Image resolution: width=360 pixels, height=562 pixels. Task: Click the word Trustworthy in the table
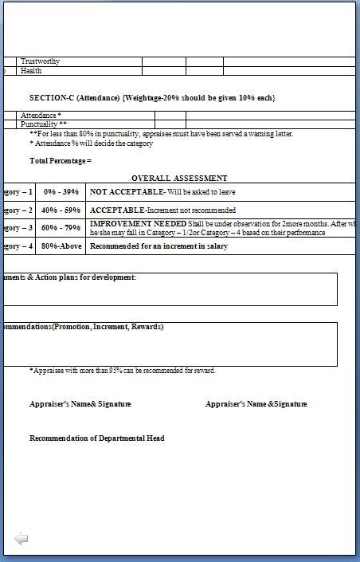[40, 61]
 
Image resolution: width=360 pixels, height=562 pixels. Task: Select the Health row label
[31, 71]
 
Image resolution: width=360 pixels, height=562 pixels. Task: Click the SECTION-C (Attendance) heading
[152, 97]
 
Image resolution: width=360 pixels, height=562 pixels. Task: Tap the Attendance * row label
[41, 116]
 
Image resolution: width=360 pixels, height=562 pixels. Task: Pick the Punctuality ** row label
[44, 124]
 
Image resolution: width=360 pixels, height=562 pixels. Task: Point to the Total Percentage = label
[61, 161]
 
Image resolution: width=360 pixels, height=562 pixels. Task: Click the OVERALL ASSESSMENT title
[179, 179]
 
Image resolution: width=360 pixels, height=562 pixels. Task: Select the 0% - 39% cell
[61, 192]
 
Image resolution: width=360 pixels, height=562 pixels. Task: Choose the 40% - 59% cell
[61, 210]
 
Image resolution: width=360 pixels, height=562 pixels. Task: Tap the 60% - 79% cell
[61, 228]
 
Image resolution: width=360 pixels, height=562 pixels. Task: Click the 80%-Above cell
[61, 246]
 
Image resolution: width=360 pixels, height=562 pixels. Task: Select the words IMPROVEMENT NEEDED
[138, 224]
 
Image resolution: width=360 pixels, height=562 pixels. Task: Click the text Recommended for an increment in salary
[158, 246]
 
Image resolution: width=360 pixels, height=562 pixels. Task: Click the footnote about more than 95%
[123, 371]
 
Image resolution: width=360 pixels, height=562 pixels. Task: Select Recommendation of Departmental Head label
[97, 438]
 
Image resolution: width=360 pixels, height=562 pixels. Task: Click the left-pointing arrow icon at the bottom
[22, 539]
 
